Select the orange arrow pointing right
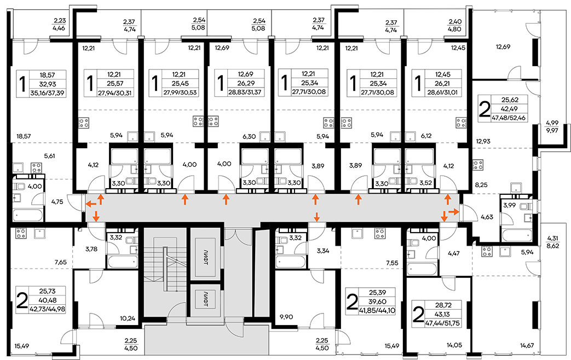point(453,211)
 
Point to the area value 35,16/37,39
point(48,93)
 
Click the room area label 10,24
point(128,318)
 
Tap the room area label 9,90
point(286,317)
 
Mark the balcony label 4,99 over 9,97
point(552,126)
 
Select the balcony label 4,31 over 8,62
point(553,242)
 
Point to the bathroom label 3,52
point(425,183)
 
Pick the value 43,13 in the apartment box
point(443,314)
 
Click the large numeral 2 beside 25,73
point(22,300)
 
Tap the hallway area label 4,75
point(57,201)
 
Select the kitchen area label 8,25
point(481,185)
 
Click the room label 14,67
point(527,345)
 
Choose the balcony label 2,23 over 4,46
point(59,25)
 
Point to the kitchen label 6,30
point(249,136)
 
